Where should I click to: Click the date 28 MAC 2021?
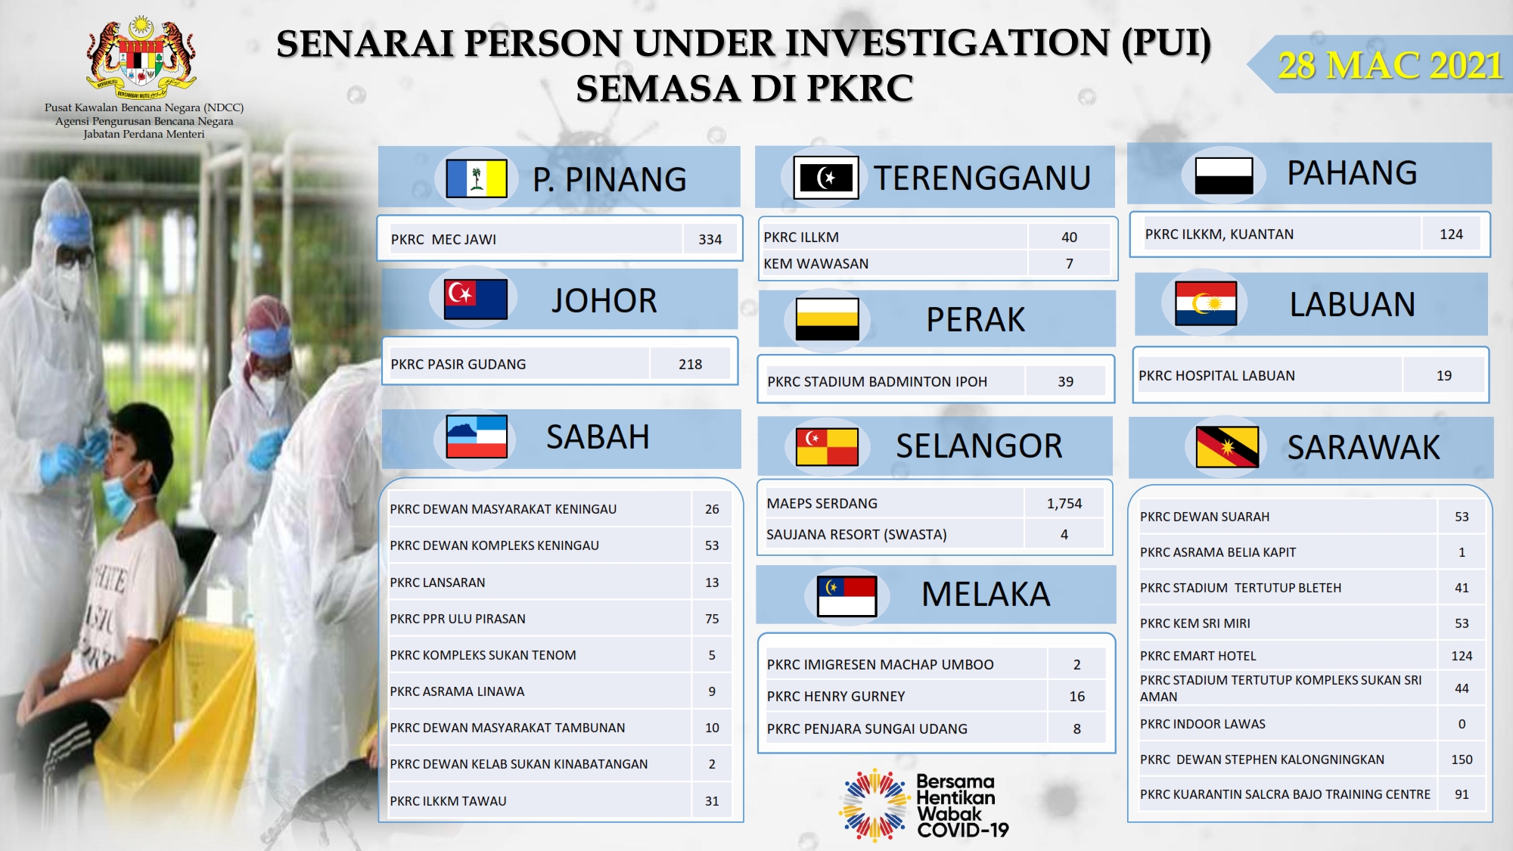1390,65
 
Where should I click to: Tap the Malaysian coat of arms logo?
141,58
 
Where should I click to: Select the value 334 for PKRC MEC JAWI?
710,239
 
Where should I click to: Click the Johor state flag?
476,299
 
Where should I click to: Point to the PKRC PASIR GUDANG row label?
458,364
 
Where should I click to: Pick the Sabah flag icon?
477,436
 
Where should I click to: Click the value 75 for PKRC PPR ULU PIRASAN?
712,619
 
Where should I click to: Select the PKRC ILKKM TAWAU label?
448,801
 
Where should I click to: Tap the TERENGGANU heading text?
982,179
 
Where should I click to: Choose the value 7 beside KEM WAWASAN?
1070,264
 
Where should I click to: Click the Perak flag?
828,318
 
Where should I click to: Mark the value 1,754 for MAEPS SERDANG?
1064,504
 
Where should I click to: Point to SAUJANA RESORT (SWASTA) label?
856,535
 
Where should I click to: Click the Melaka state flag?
847,595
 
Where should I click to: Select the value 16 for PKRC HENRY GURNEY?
1077,697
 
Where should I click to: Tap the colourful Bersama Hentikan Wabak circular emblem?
875,806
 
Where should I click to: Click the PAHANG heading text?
1353,173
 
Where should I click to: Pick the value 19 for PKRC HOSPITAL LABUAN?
1444,375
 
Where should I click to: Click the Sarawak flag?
1227,446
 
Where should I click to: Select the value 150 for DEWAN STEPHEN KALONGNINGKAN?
1462,759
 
